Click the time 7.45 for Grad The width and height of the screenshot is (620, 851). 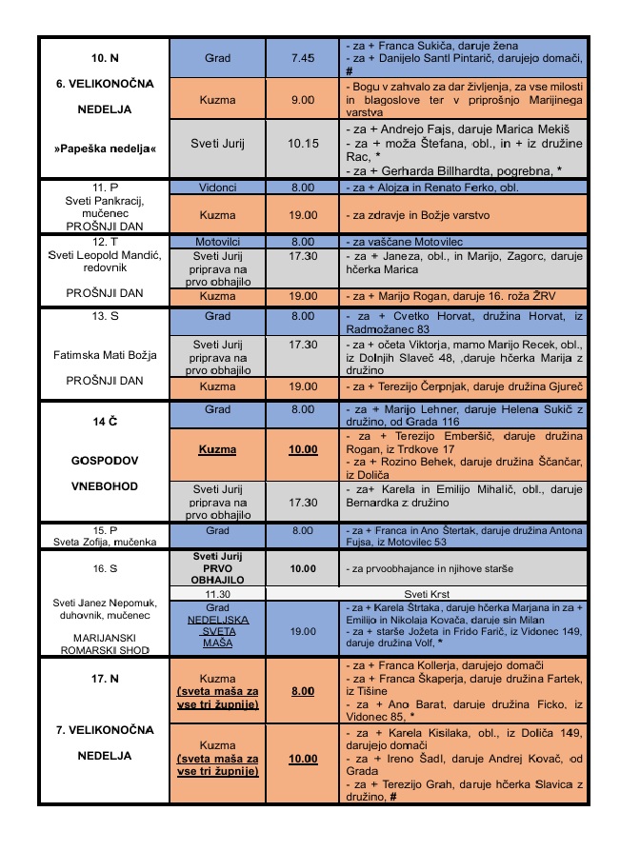click(x=302, y=58)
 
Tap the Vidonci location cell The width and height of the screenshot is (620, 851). click(x=217, y=188)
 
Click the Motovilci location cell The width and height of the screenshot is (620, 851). click(x=217, y=242)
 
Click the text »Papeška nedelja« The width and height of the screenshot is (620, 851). click(x=104, y=149)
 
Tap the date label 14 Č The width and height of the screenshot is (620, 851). click(x=104, y=420)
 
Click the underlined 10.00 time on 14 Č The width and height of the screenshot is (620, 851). click(x=302, y=447)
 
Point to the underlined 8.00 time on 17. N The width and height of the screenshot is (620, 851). click(x=302, y=690)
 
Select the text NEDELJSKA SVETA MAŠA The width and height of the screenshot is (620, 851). click(x=217, y=630)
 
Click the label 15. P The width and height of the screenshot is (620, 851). click(x=104, y=529)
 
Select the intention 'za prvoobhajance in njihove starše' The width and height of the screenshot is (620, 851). click(x=428, y=568)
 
